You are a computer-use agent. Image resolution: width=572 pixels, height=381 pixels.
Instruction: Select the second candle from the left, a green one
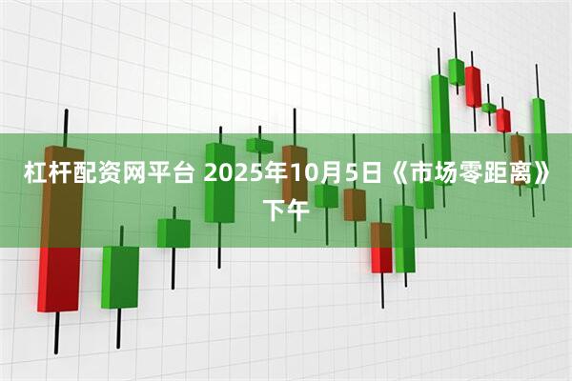[x=120, y=276]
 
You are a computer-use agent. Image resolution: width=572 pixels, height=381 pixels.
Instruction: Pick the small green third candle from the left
[x=174, y=232]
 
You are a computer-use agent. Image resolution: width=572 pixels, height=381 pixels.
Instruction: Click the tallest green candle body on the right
[x=440, y=119]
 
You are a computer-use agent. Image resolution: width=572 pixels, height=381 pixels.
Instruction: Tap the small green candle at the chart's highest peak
[x=456, y=70]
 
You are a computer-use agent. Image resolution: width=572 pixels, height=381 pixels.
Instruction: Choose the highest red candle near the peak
[x=473, y=86]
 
